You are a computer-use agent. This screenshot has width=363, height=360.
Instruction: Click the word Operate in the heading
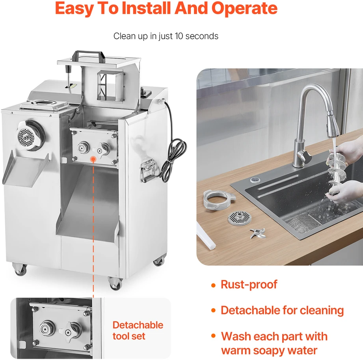click(x=244, y=9)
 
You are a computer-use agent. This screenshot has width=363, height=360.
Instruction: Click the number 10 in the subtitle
click(x=179, y=36)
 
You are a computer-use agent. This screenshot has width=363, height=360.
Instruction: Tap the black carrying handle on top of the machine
click(x=88, y=56)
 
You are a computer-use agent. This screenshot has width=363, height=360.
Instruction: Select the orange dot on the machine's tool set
click(x=93, y=159)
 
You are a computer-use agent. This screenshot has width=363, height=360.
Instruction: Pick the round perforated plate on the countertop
click(x=240, y=218)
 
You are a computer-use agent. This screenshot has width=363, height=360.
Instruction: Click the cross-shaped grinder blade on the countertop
click(x=258, y=233)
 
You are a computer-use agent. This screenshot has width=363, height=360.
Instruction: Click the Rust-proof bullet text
click(x=249, y=285)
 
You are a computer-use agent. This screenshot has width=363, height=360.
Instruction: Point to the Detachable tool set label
click(x=138, y=330)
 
